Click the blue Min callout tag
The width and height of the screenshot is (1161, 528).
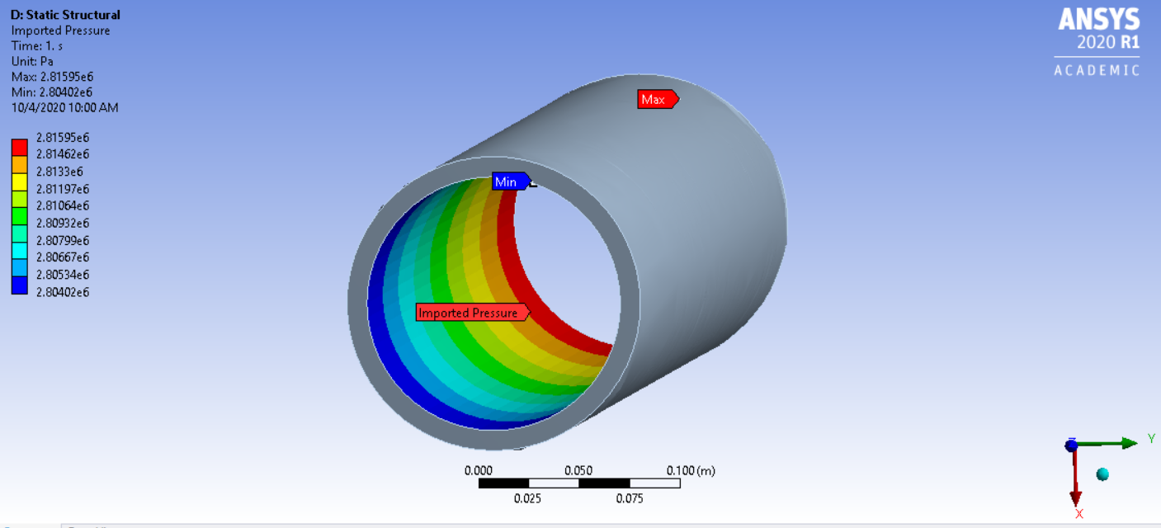[x=508, y=181]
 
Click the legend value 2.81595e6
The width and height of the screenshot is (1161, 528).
[x=63, y=137]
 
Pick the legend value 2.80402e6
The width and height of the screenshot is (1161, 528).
[x=63, y=292]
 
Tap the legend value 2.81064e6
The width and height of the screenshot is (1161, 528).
[x=63, y=205]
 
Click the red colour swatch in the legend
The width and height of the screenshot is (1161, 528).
[x=19, y=147]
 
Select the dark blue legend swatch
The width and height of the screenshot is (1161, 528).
[x=19, y=285]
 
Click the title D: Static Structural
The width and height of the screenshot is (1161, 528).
[x=65, y=15]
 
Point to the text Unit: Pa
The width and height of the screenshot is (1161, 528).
[x=32, y=61]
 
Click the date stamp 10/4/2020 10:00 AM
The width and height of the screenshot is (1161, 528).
[x=64, y=107]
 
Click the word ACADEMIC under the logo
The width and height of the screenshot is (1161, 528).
[x=1097, y=71]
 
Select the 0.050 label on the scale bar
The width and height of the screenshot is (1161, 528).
[x=578, y=471]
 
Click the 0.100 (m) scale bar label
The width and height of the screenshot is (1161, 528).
[x=690, y=471]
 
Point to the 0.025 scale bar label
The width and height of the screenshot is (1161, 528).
[x=528, y=498]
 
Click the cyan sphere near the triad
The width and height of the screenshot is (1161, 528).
[x=1102, y=474]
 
